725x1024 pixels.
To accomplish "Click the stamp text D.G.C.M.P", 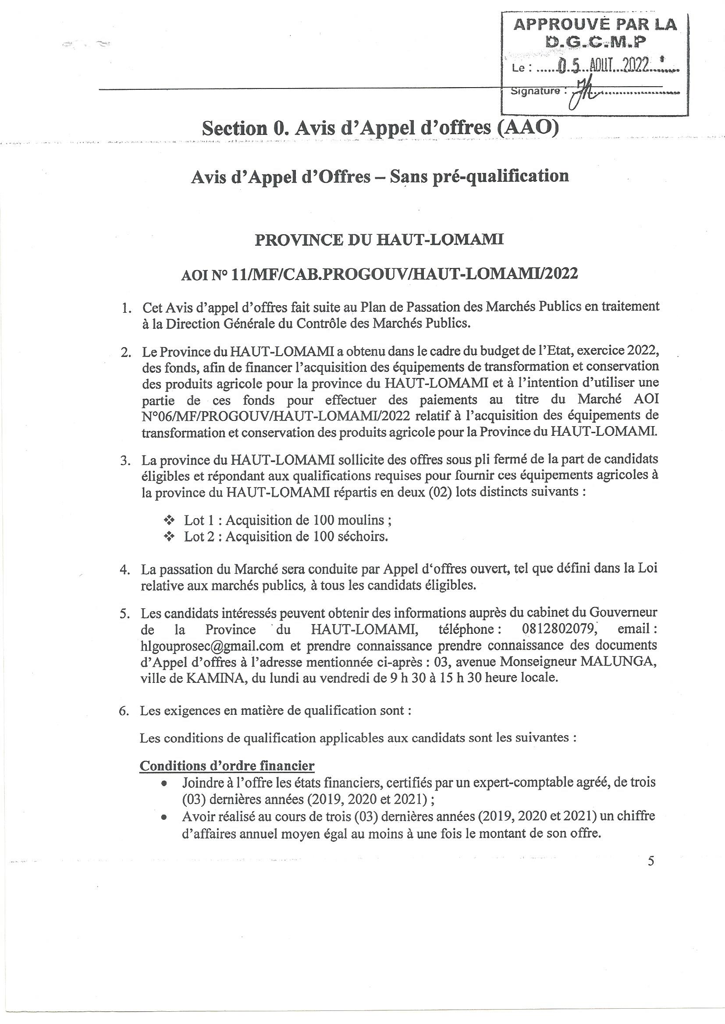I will click(x=597, y=42).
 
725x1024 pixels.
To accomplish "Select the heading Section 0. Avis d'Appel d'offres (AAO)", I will click(x=380, y=128).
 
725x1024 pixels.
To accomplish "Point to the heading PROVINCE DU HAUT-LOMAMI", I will click(x=379, y=240).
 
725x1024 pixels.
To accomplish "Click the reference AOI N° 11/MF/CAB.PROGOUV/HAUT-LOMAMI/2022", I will click(x=380, y=273).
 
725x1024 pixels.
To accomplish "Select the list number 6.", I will click(x=124, y=711).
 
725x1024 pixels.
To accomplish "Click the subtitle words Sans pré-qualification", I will click(x=480, y=176).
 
